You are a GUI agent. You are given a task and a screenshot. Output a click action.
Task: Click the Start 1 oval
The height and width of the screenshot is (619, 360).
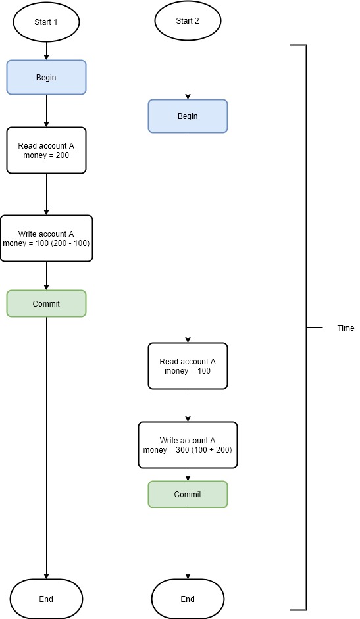[x=46, y=22]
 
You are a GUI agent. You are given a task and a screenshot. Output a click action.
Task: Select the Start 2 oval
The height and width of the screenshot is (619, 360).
[x=188, y=21]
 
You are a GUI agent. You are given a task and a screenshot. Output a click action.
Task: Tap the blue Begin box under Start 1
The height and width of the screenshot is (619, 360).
[x=46, y=78]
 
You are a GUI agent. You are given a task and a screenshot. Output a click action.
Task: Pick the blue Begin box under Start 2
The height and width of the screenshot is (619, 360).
[x=188, y=116]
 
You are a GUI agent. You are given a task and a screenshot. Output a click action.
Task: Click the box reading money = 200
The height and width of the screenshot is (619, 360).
[x=46, y=151]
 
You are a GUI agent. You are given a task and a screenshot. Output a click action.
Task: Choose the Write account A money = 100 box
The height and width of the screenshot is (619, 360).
[x=46, y=238]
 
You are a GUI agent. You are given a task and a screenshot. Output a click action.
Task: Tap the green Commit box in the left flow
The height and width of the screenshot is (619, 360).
[x=46, y=303]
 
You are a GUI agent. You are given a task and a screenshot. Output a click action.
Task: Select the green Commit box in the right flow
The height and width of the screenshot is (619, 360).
[x=188, y=494]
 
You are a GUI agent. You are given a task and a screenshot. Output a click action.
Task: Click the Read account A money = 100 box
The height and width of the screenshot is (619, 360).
[x=188, y=366]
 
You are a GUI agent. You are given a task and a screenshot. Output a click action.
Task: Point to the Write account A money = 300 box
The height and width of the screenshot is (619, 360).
[x=188, y=445]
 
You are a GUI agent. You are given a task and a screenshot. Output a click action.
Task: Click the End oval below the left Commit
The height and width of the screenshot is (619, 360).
[x=46, y=599]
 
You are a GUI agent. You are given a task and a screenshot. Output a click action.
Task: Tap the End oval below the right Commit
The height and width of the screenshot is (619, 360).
[x=188, y=599]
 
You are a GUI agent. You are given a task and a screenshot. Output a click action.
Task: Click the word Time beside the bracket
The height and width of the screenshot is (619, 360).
[x=346, y=328]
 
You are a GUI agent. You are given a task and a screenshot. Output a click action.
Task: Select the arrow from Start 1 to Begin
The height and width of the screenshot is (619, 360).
[x=46, y=50]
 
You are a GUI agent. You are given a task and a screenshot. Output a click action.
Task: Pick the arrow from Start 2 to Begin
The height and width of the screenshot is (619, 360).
[x=188, y=70]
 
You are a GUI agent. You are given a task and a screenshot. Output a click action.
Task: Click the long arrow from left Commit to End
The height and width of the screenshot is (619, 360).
[x=46, y=448]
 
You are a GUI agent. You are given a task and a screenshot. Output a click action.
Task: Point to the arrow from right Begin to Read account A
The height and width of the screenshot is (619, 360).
[x=188, y=237]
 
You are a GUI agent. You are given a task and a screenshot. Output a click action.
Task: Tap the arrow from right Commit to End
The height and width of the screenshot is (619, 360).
[x=188, y=543]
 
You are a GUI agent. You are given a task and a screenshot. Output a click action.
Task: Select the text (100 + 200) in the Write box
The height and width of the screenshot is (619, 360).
[x=212, y=450]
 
